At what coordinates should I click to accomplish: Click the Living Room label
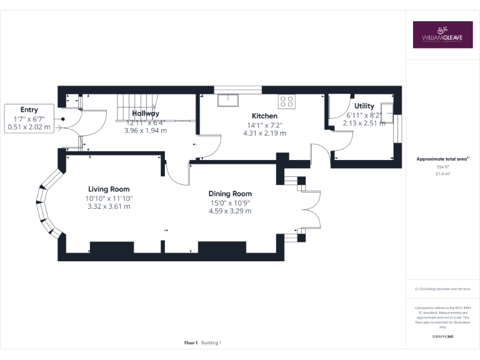109,189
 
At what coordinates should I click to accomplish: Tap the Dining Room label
230,194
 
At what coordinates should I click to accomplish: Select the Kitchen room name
264,116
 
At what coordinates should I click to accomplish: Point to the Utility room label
364,106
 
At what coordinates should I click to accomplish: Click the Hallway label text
146,114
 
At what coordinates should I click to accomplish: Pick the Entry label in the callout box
29,109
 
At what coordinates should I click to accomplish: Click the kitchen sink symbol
227,99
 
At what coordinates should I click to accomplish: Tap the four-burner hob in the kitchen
287,101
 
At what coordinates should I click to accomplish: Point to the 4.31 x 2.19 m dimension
264,133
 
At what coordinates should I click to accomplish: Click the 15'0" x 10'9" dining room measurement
230,202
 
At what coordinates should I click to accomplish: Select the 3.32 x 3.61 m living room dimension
109,206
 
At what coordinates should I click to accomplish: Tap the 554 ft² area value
442,167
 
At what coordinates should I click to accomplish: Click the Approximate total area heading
442,159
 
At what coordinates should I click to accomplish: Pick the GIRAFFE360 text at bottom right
442,337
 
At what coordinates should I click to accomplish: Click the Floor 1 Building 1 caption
203,342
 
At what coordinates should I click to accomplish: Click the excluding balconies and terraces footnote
442,289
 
